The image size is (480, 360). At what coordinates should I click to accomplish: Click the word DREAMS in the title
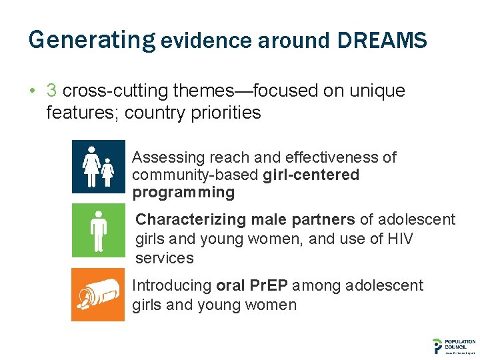pyautogui.click(x=382, y=41)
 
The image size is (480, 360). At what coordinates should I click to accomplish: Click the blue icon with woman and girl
pyautogui.click(x=98, y=166)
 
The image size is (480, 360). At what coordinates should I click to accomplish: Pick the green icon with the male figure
pyautogui.click(x=98, y=230)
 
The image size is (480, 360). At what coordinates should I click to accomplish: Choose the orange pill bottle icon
pyautogui.click(x=98, y=295)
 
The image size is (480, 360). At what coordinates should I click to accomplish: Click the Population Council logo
pyautogui.click(x=453, y=345)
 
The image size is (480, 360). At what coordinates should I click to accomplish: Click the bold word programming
pyautogui.click(x=183, y=193)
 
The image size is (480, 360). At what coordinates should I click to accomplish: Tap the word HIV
pyautogui.click(x=398, y=239)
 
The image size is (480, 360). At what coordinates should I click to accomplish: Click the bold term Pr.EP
pyautogui.click(x=268, y=286)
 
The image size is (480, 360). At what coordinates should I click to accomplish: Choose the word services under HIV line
pyautogui.click(x=164, y=258)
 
